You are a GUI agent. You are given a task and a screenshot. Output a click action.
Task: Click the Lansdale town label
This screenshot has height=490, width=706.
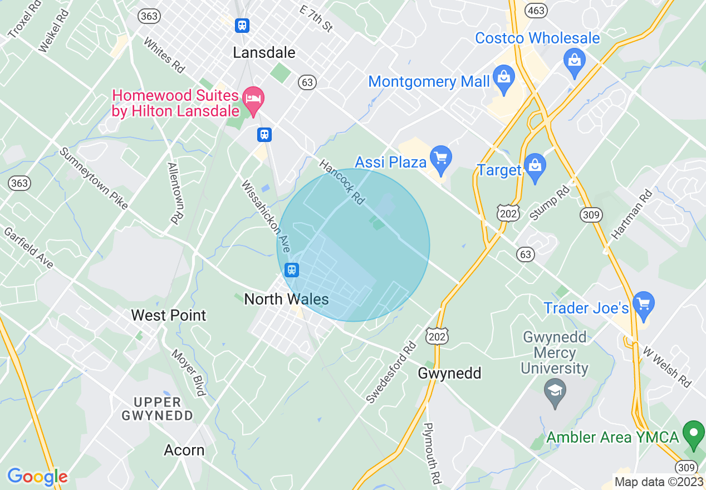[x=264, y=52]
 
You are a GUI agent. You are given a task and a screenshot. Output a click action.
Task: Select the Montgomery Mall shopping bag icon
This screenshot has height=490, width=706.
[x=503, y=81]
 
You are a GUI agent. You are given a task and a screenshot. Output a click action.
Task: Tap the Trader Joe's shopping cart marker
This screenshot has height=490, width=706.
[x=644, y=306]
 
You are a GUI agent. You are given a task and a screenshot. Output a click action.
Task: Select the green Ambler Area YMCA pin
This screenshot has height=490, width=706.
[x=693, y=434]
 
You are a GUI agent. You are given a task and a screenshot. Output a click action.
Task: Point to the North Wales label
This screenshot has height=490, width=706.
[x=286, y=299]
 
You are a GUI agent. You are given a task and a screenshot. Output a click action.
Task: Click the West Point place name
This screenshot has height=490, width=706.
[x=168, y=315]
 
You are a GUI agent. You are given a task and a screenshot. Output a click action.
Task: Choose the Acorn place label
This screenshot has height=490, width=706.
[x=184, y=450]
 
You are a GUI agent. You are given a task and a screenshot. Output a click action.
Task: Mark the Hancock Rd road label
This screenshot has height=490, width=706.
[x=342, y=182]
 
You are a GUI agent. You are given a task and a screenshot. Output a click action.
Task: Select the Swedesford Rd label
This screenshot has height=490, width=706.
[x=391, y=371]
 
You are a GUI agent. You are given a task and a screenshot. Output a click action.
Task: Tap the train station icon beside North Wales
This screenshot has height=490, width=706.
[x=291, y=270]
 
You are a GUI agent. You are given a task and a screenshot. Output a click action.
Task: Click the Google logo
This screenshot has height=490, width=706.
[x=37, y=477]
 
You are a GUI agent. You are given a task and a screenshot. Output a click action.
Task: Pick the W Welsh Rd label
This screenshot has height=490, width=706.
[x=666, y=367]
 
